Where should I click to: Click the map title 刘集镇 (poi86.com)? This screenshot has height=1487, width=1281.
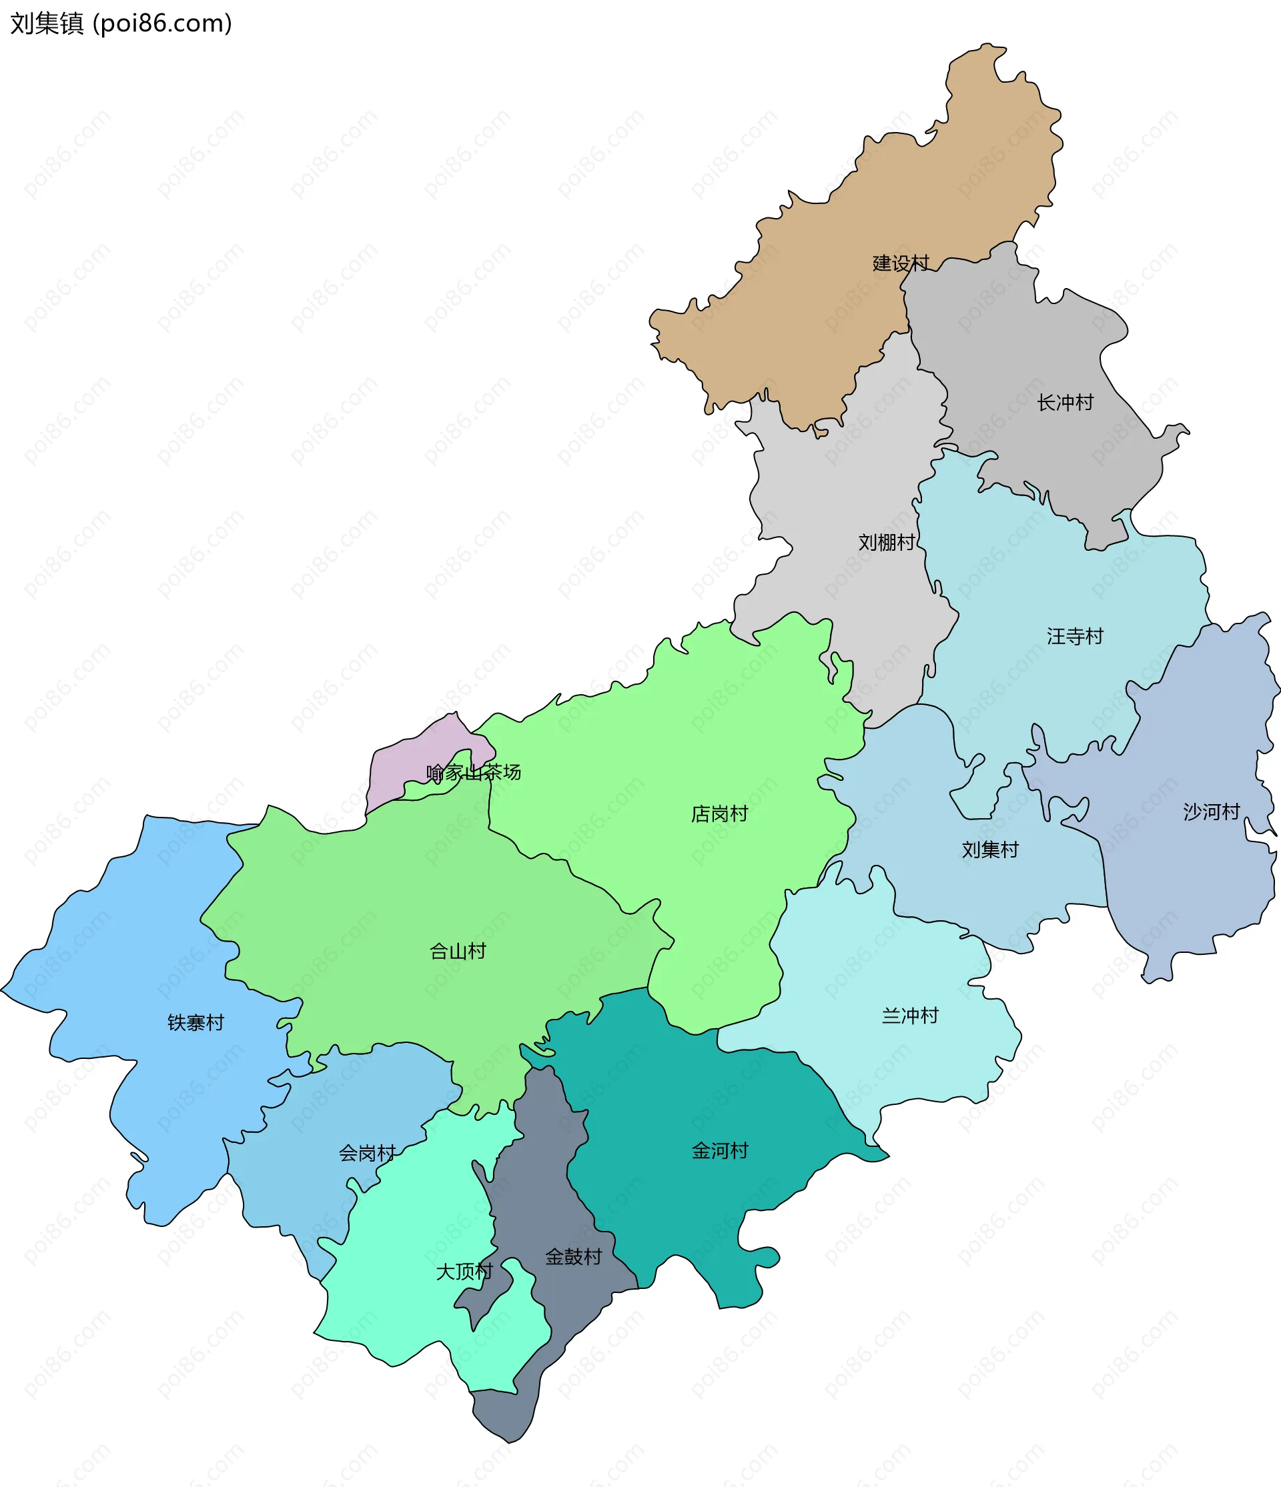pos(121,24)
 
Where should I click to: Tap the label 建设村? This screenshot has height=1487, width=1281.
pos(901,263)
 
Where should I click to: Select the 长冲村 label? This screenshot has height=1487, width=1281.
pos(1065,403)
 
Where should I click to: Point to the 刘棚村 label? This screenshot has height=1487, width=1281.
pos(887,543)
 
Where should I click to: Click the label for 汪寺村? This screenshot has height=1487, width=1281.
pos(1075,636)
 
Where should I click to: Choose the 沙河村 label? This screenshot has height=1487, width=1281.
pos(1212,812)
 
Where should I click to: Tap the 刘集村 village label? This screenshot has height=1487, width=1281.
pos(990,850)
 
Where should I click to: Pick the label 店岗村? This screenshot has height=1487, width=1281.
pos(719,814)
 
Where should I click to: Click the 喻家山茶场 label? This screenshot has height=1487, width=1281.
pos(474,772)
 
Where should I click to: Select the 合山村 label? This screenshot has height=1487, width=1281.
pos(458,952)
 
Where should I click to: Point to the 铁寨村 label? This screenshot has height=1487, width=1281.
pos(196,1023)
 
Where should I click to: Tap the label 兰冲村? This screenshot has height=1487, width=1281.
pos(911,1016)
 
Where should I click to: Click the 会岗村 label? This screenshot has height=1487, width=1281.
pos(367,1154)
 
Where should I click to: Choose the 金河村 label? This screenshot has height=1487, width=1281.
pos(720,1150)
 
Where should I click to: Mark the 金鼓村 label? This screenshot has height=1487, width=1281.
pos(573,1257)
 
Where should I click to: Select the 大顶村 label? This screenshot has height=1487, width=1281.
pos(464,1272)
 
